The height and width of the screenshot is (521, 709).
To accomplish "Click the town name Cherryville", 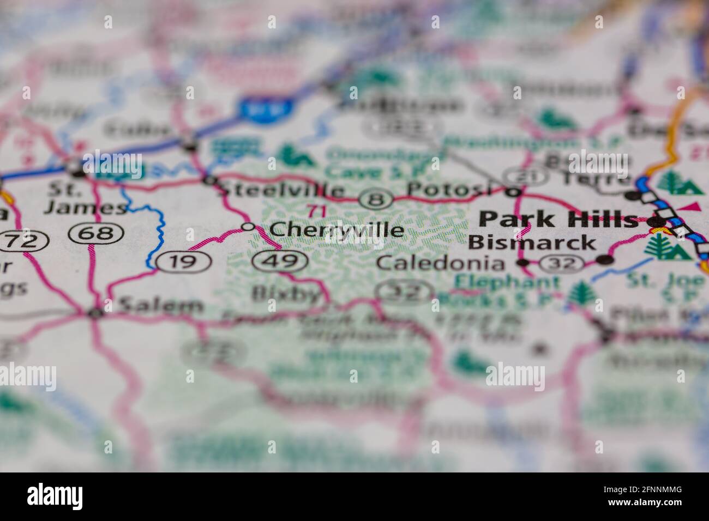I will [337, 230].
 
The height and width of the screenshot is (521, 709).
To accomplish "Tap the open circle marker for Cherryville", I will [248, 227].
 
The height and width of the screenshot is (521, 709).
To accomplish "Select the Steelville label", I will [281, 190].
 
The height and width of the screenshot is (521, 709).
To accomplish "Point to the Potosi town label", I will [448, 189].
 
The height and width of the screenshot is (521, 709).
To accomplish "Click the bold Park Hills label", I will [558, 219].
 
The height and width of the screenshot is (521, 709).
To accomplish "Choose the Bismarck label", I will [532, 242].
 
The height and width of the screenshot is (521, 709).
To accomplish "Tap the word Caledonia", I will [441, 263].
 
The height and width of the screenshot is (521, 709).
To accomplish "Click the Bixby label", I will [286, 294].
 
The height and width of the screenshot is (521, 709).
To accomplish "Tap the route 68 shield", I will [96, 233].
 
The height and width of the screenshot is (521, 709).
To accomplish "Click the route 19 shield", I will [183, 262].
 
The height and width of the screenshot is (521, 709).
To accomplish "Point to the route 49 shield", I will [280, 261].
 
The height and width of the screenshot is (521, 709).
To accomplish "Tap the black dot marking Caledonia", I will [523, 263].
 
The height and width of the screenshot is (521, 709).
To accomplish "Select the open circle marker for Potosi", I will [512, 192].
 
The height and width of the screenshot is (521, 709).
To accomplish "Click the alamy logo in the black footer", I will [55, 496].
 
